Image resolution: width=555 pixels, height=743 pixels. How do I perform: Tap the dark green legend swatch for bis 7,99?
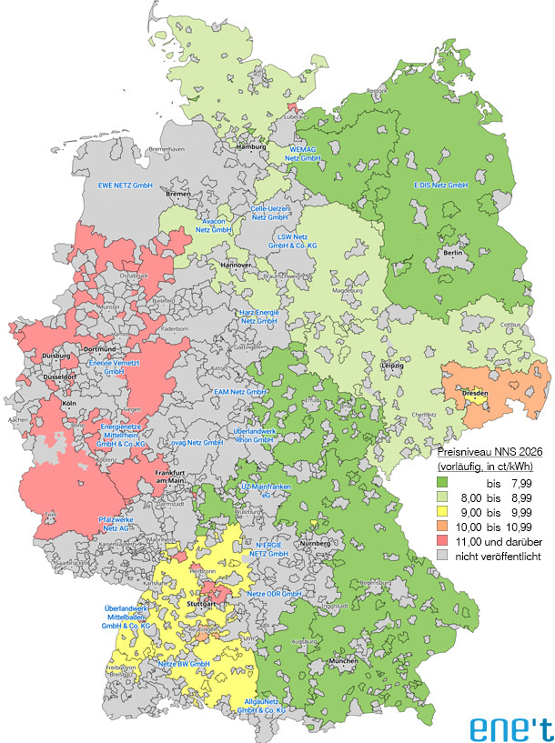[x=446, y=482]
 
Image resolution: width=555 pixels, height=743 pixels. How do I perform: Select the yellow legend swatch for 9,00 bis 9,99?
[x=446, y=511]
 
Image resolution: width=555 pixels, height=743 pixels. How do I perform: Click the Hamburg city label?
[x=250, y=146]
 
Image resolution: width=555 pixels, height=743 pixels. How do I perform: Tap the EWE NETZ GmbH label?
[x=124, y=186]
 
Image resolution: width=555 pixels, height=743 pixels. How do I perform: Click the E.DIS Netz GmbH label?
[x=439, y=185]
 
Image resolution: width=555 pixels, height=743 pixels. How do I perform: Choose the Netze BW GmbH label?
[x=185, y=665]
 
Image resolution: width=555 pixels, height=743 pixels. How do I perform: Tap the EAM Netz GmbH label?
[x=239, y=391]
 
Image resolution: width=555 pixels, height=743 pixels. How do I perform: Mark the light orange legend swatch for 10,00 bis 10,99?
[x=446, y=526]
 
